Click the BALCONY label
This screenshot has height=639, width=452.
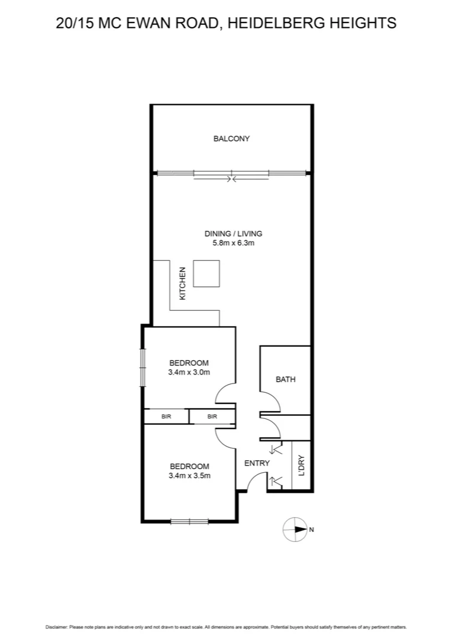pos(231,139)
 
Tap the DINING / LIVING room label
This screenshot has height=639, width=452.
pos(233,233)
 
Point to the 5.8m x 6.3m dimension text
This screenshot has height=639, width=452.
pos(233,243)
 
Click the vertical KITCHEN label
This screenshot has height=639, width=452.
pos(183,283)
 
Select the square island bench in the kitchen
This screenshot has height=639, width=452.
pos(207,274)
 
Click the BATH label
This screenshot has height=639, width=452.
pos(286,379)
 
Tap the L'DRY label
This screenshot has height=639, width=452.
pos(302,465)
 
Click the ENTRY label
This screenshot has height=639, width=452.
pos(257,463)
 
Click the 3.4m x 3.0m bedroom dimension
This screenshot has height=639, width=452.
pos(189,373)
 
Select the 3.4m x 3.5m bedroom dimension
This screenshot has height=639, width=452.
pos(189,475)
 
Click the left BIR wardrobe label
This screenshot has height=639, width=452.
pos(166,417)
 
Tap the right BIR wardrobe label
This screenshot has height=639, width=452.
pos(212,417)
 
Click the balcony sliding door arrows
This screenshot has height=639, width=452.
pos(232,177)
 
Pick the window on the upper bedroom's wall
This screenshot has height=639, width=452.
pos(142,366)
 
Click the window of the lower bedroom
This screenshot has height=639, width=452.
pos(189,521)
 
